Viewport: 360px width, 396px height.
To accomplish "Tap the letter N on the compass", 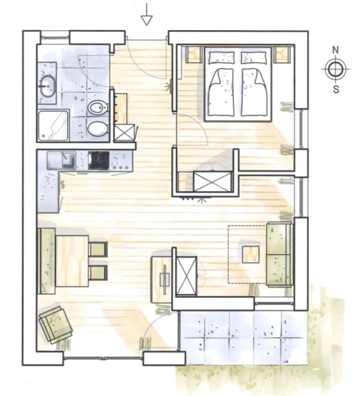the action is [335, 50].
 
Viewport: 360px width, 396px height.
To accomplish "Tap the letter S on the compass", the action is [336, 89].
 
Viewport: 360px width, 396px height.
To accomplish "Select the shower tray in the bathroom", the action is [53, 125].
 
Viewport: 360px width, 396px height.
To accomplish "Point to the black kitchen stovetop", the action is [99, 160].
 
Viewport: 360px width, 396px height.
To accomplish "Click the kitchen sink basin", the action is [69, 160].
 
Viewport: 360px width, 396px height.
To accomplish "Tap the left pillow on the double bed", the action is [221, 57].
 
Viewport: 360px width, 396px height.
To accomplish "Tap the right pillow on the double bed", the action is [253, 57].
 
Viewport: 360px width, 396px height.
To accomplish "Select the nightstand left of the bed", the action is [194, 55].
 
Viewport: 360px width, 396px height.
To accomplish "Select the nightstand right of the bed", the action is [282, 55].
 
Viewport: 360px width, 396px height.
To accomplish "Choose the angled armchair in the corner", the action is [56, 325].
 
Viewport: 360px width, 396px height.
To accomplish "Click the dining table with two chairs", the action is [72, 261].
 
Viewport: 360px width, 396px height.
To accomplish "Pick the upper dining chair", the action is [98, 250].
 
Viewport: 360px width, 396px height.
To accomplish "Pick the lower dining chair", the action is [98, 273].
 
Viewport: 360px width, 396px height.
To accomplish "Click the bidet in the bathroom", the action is [98, 108].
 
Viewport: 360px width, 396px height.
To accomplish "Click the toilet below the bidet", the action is [98, 128].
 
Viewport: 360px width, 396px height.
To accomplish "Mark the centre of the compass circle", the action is [335, 69].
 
